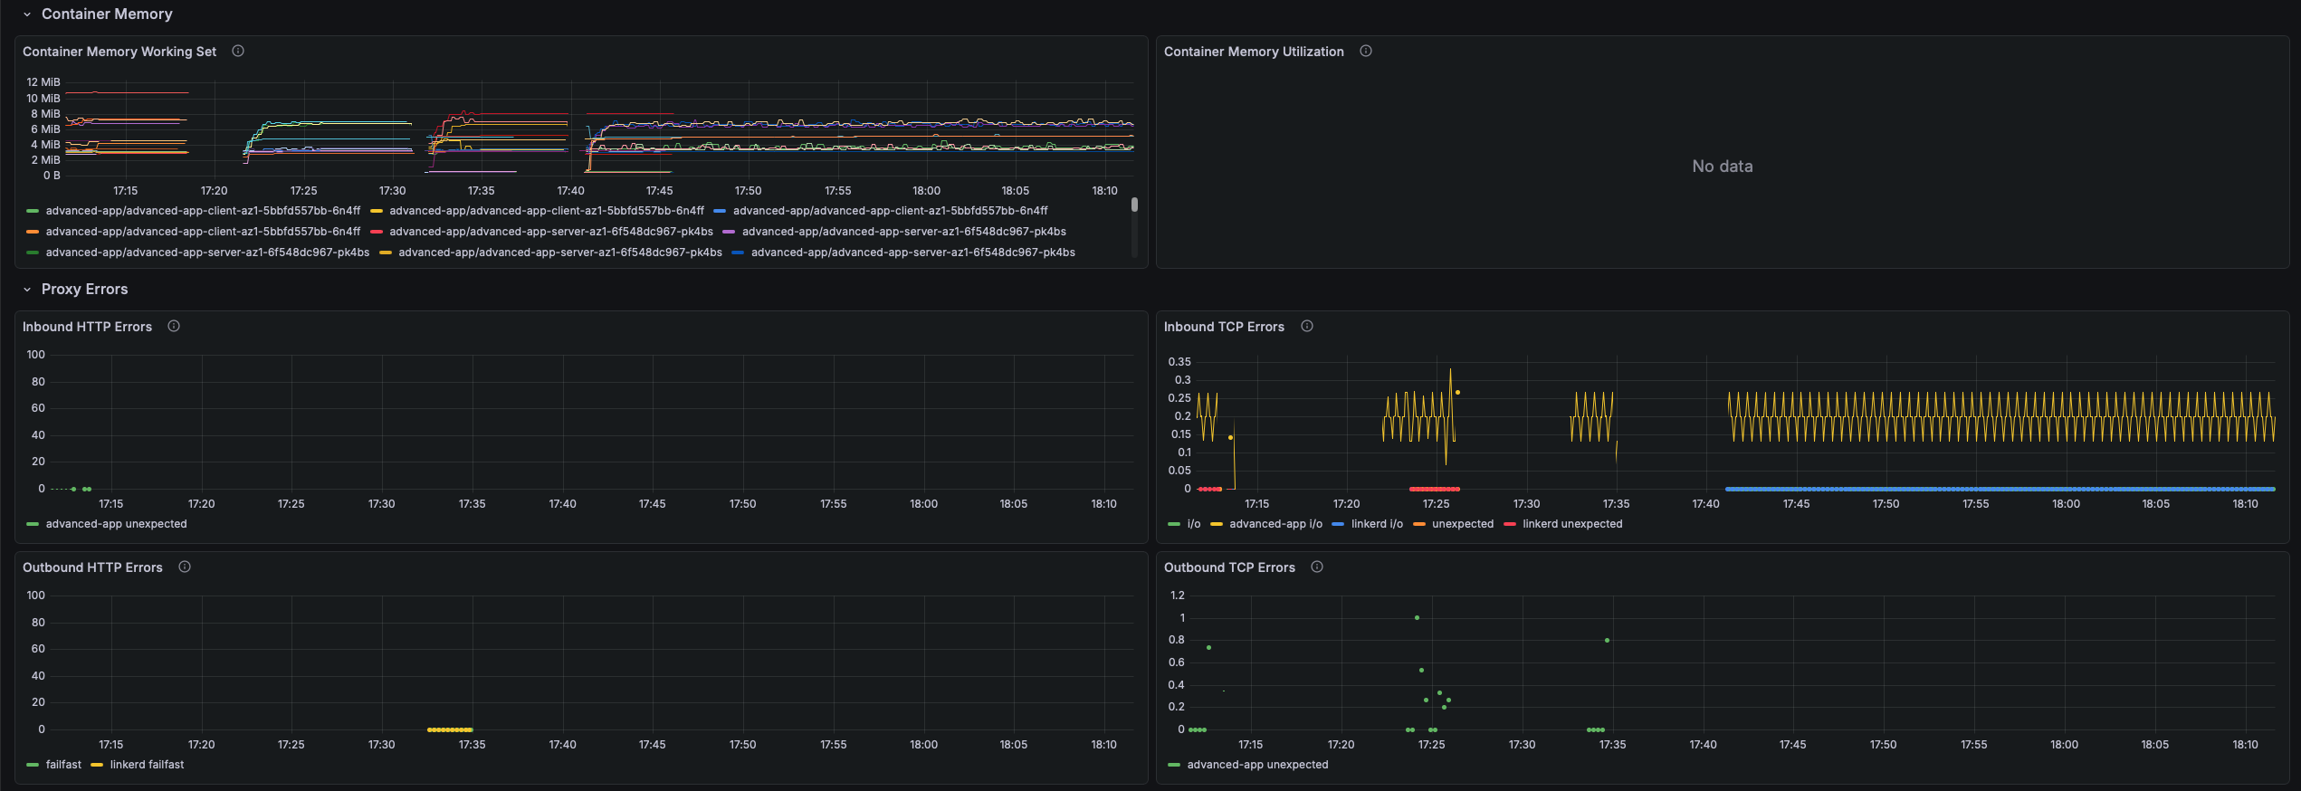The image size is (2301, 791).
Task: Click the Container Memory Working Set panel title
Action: click(x=119, y=52)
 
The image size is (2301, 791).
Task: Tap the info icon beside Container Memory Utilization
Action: click(x=1366, y=51)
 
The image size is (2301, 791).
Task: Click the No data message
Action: click(x=1723, y=167)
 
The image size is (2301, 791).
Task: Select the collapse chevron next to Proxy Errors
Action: click(x=27, y=290)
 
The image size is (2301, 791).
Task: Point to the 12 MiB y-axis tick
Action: click(x=43, y=82)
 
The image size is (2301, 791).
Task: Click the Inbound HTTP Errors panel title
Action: click(x=87, y=327)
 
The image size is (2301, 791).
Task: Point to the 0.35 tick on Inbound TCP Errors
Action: click(x=1179, y=362)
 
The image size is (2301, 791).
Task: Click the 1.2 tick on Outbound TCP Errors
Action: click(x=1177, y=596)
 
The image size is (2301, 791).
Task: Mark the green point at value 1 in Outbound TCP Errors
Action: click(x=1417, y=618)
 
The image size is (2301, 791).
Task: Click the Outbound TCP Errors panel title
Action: click(x=1229, y=567)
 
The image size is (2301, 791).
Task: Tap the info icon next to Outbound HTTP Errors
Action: click(x=185, y=567)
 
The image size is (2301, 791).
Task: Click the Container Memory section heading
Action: click(x=107, y=14)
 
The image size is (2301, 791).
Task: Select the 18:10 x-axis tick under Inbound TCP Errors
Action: click(x=2245, y=504)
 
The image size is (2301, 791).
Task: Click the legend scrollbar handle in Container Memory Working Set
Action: click(x=1134, y=205)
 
